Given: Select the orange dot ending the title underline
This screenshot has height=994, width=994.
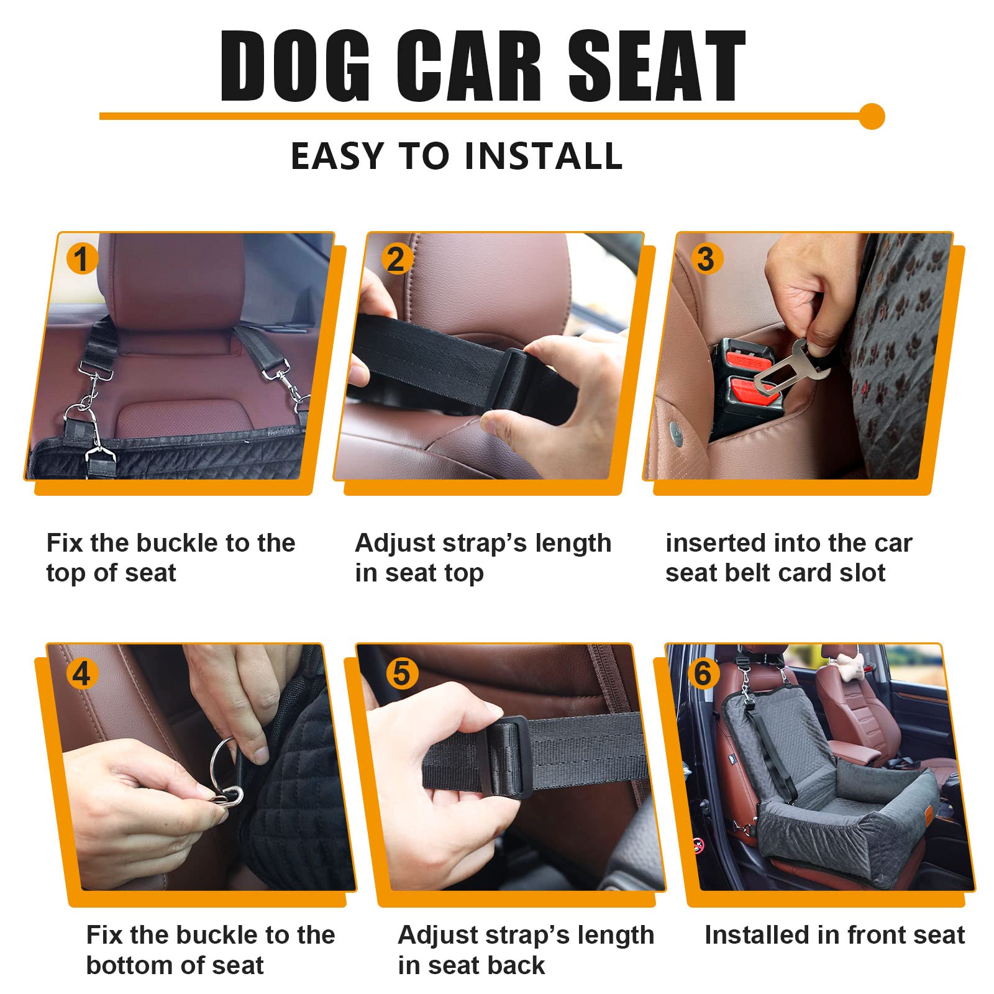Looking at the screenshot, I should click(x=872, y=116).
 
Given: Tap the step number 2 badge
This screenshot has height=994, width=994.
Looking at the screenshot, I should click(x=396, y=258).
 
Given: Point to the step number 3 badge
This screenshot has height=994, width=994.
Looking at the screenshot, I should click(x=706, y=258).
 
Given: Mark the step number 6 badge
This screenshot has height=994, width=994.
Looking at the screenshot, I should click(x=703, y=673).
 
